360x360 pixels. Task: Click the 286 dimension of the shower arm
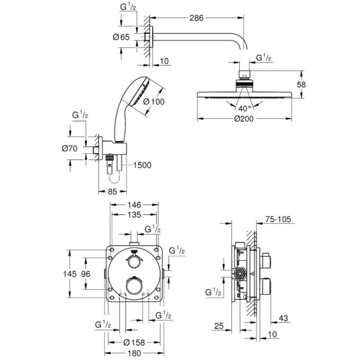coord(195,18)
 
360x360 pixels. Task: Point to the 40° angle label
coord(244,109)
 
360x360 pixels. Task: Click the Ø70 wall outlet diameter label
coord(70,149)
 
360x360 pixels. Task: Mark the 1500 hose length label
coord(143,165)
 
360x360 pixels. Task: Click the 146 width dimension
coord(134,205)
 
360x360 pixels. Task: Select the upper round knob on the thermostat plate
coord(134,261)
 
